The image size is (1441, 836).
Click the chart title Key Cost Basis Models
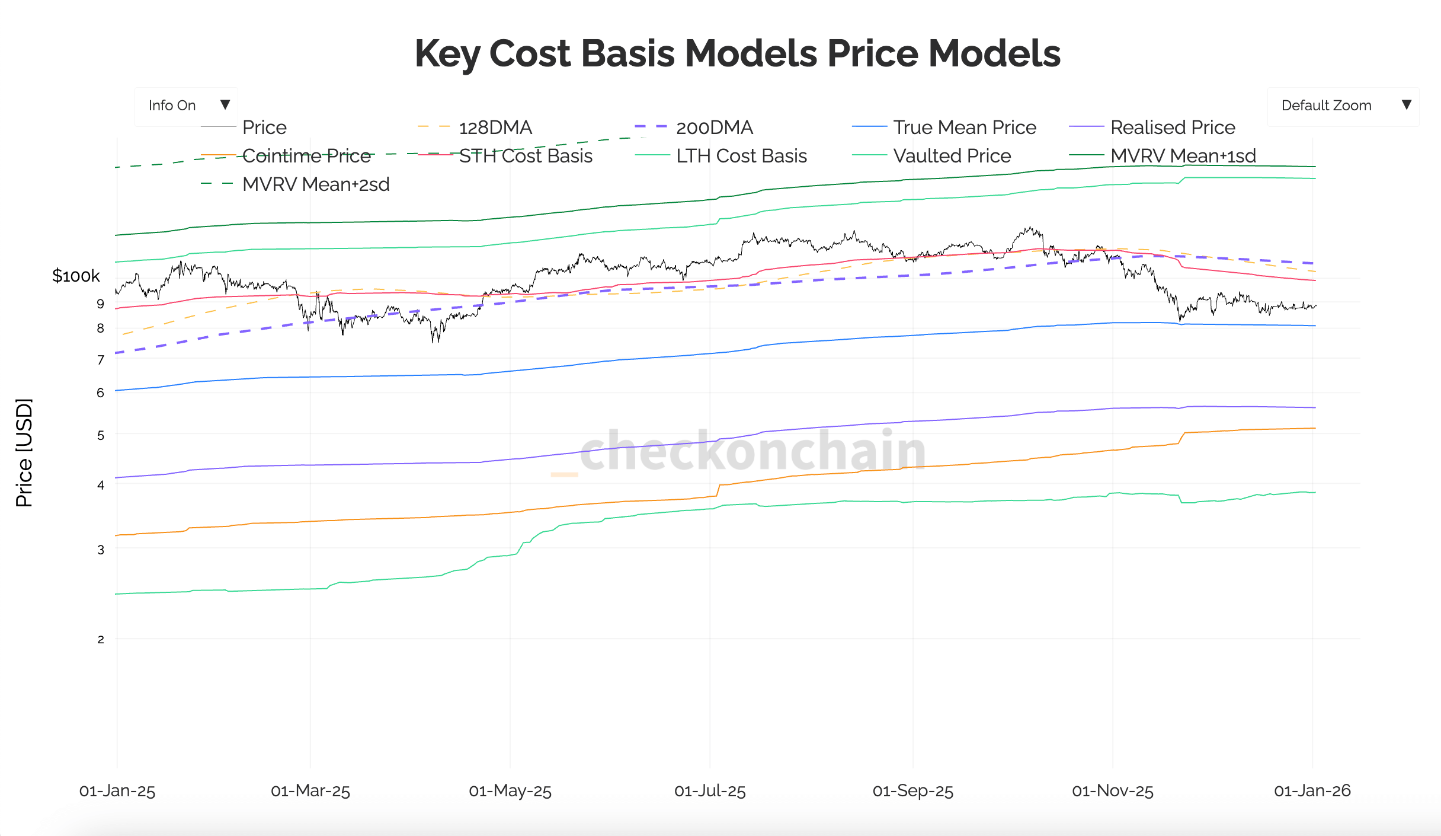click(x=737, y=53)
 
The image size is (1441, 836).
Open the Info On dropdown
click(x=186, y=106)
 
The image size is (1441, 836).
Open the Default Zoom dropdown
click(x=1343, y=106)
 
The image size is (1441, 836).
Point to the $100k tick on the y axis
click(x=76, y=276)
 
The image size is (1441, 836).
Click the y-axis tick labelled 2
click(x=101, y=639)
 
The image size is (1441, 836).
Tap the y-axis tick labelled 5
click(x=101, y=435)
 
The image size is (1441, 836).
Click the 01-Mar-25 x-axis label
click(x=310, y=791)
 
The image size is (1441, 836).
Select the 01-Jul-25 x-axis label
click(x=710, y=791)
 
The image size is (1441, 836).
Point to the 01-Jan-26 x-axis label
click(x=1312, y=791)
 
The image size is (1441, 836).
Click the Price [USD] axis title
click(x=24, y=453)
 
